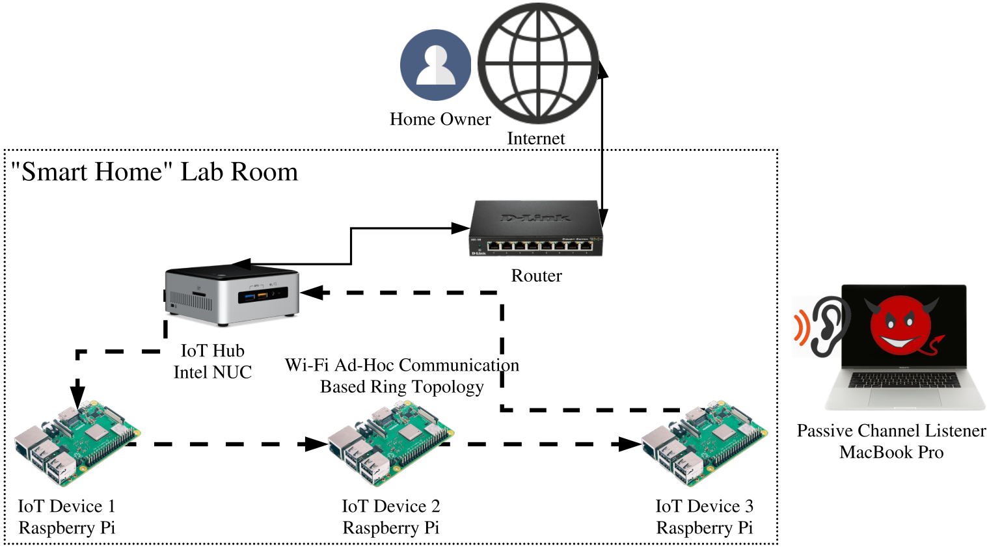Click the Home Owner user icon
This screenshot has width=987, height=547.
435,65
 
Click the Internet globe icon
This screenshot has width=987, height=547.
539,64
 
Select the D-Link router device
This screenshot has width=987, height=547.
535,228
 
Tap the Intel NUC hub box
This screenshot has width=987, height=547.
232,295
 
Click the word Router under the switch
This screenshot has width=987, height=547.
536,276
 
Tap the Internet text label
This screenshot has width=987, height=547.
536,139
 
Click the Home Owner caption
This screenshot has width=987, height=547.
440,119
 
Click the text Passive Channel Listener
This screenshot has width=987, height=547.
891,431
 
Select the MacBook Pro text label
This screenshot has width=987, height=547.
891,452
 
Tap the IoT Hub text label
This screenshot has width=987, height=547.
212,351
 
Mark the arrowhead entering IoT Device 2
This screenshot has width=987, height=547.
316,444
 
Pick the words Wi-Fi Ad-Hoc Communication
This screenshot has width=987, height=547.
402,365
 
